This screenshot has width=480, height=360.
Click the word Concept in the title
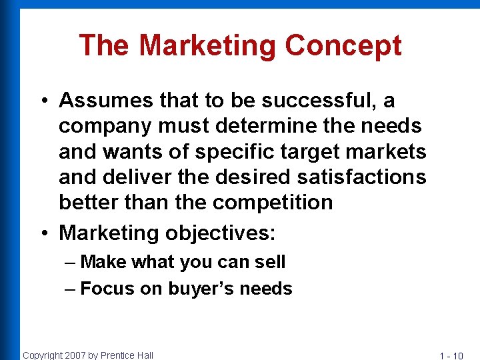point(343,46)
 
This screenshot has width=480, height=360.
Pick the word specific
point(235,151)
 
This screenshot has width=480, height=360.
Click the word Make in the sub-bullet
point(103,262)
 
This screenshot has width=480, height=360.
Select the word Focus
point(107,289)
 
